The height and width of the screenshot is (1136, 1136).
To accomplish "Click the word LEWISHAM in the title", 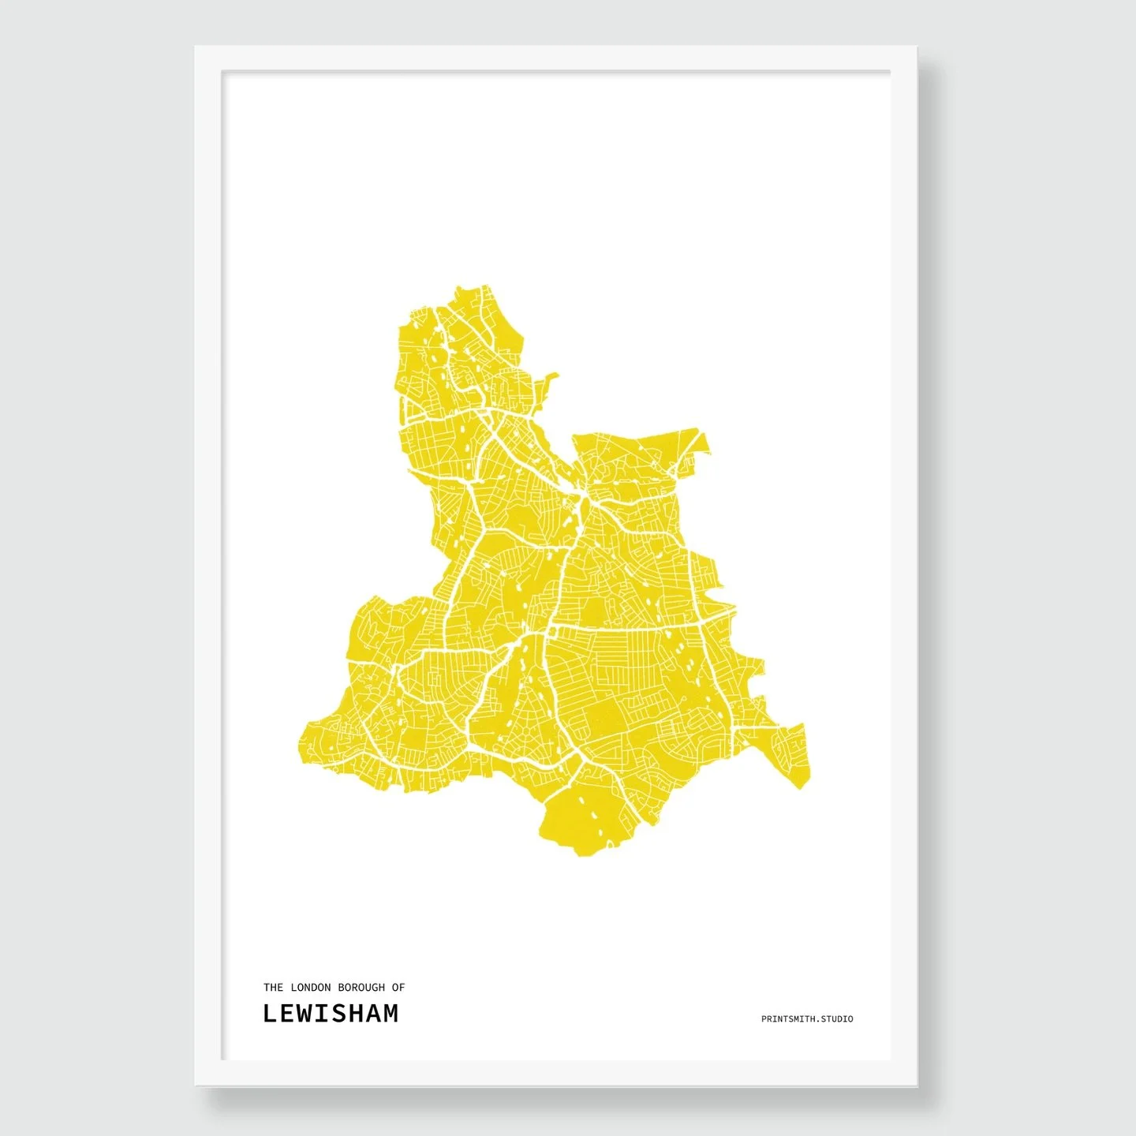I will point(331,1014).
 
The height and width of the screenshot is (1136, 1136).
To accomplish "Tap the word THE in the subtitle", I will point(273,987).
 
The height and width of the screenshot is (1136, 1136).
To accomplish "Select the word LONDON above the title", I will point(310,987).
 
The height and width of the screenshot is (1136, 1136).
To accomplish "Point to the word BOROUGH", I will point(361,987).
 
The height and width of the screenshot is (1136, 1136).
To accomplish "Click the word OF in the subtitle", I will point(398,987).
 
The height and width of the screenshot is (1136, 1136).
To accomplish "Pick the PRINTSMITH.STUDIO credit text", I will point(806,1019).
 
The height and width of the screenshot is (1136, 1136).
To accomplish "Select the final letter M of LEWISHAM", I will point(390,1014).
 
